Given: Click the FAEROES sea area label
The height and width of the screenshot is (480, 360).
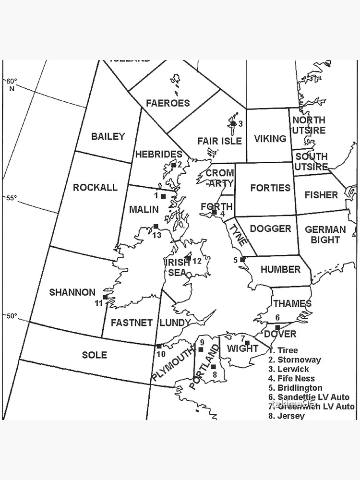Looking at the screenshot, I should (168, 103).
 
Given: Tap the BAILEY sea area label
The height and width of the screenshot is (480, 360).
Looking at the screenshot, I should (108, 136).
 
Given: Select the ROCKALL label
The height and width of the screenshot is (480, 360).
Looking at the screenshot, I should (95, 187).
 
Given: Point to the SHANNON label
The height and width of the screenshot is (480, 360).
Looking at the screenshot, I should (72, 292).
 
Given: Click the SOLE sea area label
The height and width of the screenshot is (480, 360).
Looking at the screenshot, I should (94, 355).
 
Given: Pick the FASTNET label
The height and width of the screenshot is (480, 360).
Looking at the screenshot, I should (132, 323).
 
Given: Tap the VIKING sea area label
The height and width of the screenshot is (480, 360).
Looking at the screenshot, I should (270, 139).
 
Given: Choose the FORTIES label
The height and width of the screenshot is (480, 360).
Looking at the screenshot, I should (270, 188).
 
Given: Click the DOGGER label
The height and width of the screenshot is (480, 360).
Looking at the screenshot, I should (270, 229).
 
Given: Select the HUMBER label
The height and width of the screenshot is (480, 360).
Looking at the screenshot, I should (280, 270).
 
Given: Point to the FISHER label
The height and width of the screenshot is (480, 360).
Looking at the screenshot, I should (321, 195).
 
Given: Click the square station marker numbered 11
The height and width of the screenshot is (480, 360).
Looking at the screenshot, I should (105, 297).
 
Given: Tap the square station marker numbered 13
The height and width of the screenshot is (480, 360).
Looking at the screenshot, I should (156, 227).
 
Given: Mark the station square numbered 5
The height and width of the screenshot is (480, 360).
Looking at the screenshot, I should (242, 259).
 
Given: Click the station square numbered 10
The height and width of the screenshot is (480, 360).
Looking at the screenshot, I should (159, 346).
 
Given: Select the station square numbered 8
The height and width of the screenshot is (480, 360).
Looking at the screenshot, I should (214, 367).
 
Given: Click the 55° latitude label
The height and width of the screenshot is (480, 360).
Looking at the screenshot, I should (11, 198).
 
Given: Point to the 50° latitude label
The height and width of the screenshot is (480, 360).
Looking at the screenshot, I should (11, 316).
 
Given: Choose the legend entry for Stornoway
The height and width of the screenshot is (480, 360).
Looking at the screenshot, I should (295, 360).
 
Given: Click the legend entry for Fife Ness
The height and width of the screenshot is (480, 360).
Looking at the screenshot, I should (292, 379).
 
